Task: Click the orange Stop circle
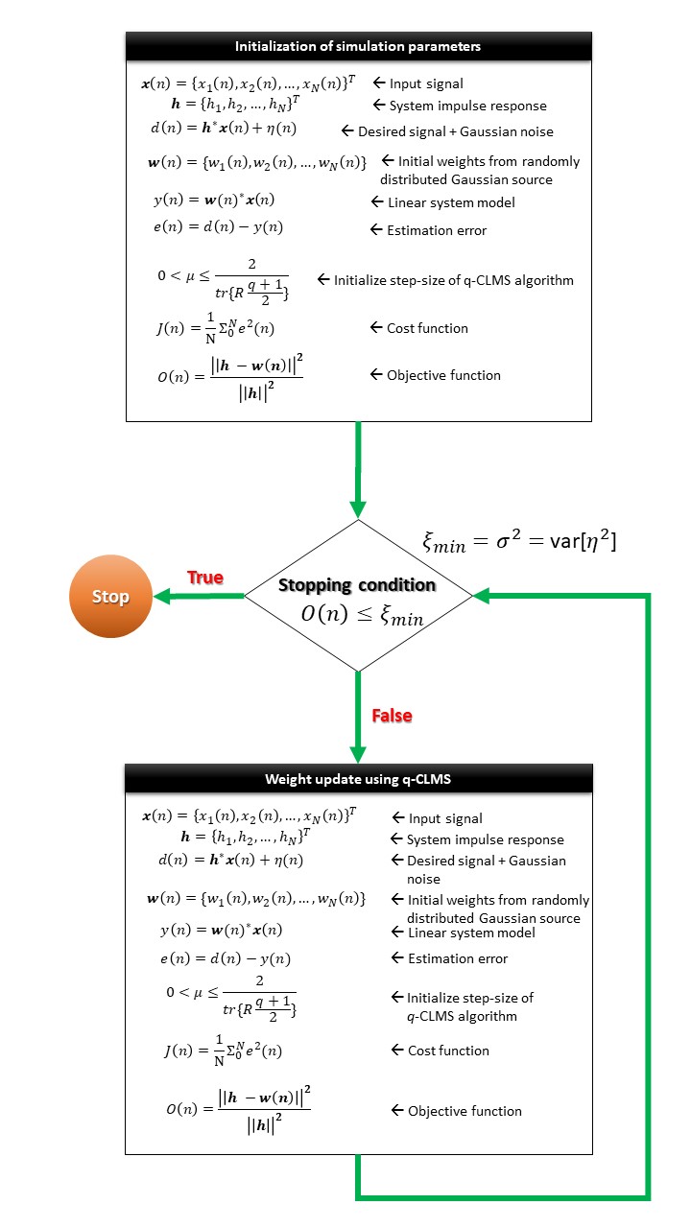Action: (110, 597)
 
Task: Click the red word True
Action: (204, 578)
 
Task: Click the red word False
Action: (392, 716)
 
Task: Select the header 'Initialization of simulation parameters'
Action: (358, 46)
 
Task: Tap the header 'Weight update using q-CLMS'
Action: (358, 779)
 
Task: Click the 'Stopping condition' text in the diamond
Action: (357, 585)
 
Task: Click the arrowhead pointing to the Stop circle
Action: (159, 597)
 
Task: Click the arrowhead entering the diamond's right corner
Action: (481, 596)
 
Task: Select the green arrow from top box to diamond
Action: (358, 470)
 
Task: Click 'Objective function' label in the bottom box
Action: (465, 1111)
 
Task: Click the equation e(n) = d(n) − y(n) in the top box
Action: (222, 227)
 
